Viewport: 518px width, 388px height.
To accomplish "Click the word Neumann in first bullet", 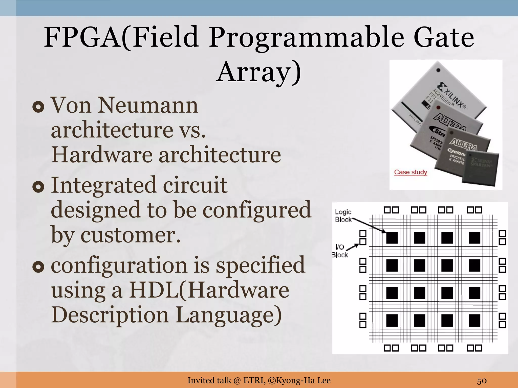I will pyautogui.click(x=148, y=105).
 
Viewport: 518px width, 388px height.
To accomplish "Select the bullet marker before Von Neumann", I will pyautogui.click(x=38, y=107).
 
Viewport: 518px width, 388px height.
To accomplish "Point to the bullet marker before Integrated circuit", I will pyautogui.click(x=38, y=187).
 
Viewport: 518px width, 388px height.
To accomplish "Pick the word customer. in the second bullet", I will pyautogui.click(x=131, y=235).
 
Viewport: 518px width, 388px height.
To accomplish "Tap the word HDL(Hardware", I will pyautogui.click(x=209, y=290).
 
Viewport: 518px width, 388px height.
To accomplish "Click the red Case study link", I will pyautogui.click(x=411, y=172).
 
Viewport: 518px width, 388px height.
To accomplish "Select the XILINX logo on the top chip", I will pyautogui.click(x=453, y=95).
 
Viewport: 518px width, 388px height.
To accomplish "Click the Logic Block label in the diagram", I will pyautogui.click(x=343, y=215).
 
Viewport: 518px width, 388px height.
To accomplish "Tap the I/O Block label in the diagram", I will pyautogui.click(x=340, y=251).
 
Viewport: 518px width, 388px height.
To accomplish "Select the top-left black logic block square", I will pyautogui.click(x=392, y=238).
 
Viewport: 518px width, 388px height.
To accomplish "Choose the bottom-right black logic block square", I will pyautogui.click(x=474, y=321).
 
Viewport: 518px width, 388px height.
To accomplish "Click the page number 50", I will pyautogui.click(x=482, y=380).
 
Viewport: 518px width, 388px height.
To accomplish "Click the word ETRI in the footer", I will pyautogui.click(x=254, y=380).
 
